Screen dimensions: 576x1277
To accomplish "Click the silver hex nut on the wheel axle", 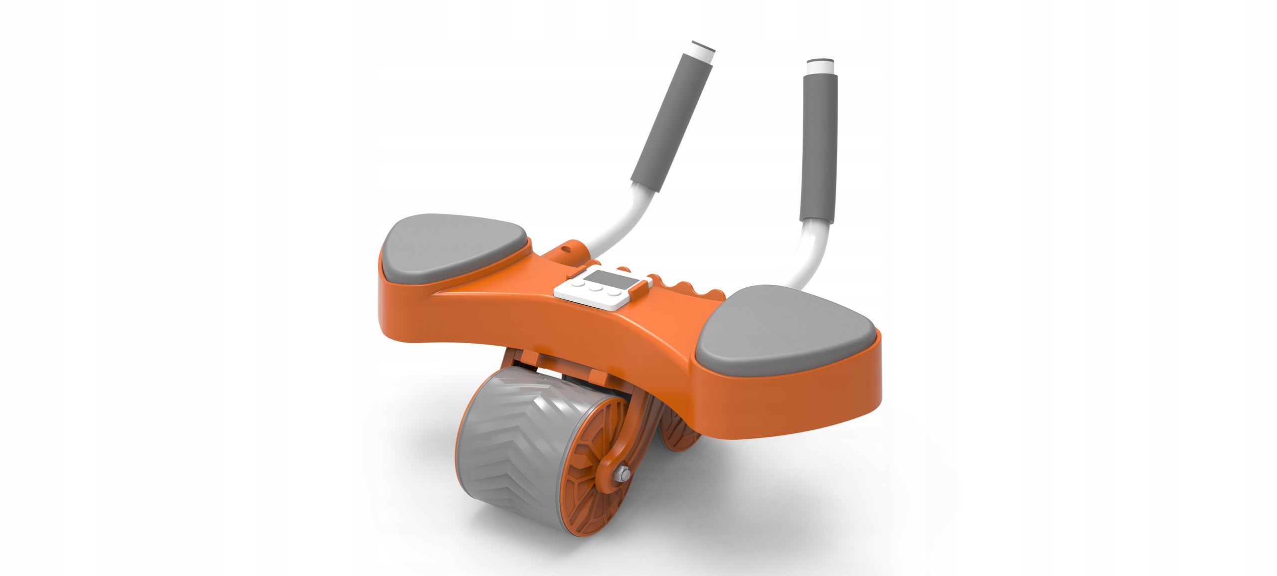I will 622,473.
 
